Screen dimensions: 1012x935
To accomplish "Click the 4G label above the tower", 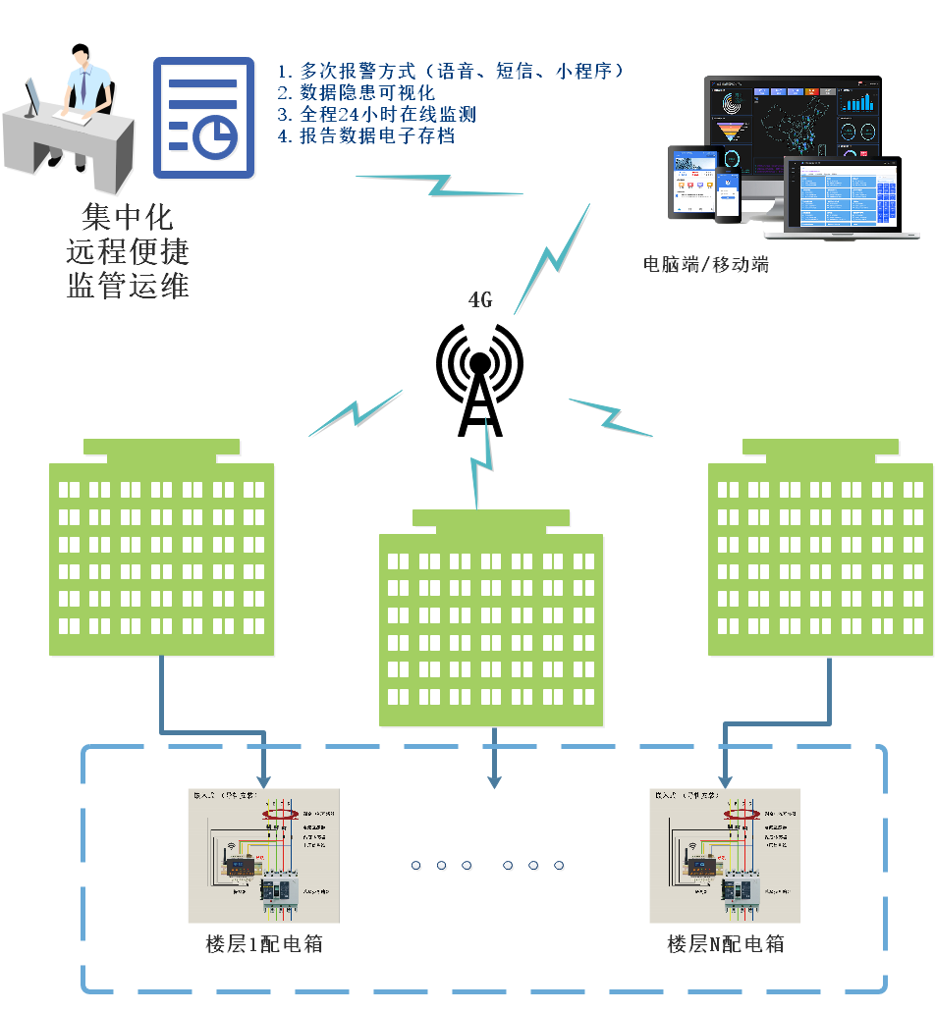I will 480,301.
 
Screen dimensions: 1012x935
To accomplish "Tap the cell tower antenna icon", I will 478,378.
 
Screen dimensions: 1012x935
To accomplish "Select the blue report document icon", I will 204,118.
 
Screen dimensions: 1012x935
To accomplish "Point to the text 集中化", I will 128,217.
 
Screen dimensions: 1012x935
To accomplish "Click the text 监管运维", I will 128,286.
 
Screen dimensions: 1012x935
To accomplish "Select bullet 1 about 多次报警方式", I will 451,72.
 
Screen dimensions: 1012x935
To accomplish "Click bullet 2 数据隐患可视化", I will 356,93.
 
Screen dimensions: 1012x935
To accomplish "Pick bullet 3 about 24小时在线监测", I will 376,115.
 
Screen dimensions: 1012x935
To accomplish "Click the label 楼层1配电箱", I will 264,944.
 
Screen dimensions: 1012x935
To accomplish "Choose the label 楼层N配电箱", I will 726,944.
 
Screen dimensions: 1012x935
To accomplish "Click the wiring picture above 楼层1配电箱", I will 263,855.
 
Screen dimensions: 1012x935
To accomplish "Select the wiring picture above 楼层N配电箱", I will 725,855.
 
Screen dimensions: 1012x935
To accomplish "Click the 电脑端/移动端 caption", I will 705,264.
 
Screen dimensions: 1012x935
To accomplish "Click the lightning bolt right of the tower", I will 611,416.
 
